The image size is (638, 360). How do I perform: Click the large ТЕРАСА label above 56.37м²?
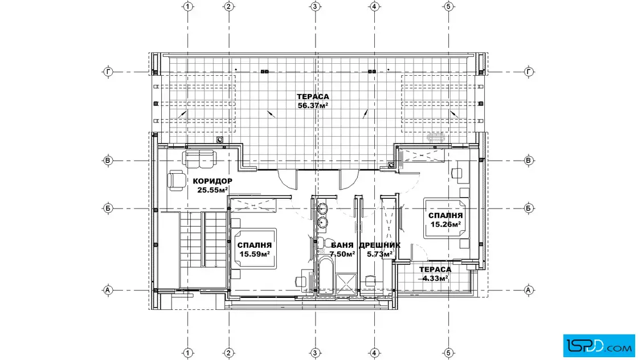coord(313,97)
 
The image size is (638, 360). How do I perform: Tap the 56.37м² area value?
coord(313,105)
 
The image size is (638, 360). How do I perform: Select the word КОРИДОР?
coord(212,181)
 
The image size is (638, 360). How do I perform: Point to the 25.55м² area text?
coord(212,190)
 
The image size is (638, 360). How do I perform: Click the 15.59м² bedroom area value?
coord(254,254)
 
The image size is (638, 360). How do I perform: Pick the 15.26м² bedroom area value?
coord(445,224)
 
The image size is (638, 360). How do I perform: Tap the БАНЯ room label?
coord(342,246)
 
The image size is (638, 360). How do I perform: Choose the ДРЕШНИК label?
coord(379,246)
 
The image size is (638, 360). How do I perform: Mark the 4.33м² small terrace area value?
coord(435,278)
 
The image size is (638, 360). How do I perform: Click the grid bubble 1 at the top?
coord(187,6)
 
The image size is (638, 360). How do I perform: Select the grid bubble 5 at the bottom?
coord(448,353)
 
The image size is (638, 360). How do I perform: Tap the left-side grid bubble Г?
coord(108,72)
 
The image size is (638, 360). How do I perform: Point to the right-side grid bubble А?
coord(528,290)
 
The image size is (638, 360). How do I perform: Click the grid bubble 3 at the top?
coord(315,6)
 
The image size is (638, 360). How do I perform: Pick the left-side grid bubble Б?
coord(108,208)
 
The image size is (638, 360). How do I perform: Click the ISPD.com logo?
coord(599,346)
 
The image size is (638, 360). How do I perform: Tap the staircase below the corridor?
coord(203,239)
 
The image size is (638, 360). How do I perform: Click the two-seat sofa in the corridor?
coord(199,158)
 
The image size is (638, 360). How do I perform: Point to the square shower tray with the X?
coord(346,284)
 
